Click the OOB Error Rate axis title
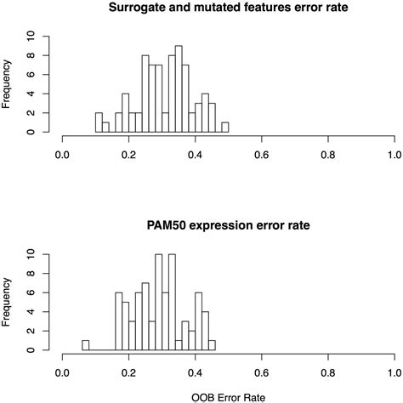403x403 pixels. tap(228, 394)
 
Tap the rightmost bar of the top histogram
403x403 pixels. tap(225, 128)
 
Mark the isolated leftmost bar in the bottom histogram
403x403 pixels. tap(85, 345)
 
